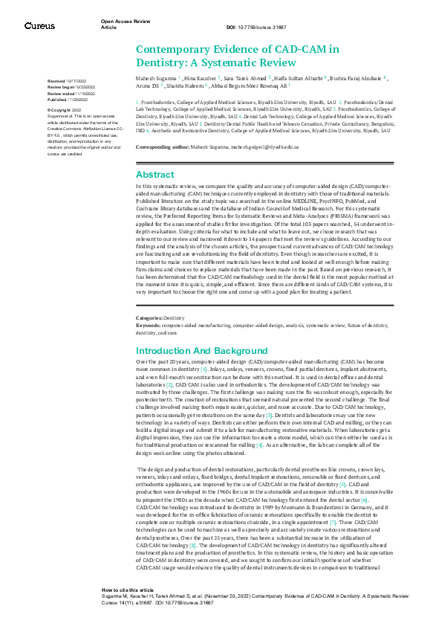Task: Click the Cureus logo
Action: coord(39,27)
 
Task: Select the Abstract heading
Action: coord(155,174)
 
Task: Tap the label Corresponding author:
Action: coord(163,147)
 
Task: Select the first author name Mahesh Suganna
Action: coord(155,77)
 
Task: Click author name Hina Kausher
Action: coord(201,77)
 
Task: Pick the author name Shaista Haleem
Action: coord(184,85)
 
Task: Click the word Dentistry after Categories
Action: coord(174,317)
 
